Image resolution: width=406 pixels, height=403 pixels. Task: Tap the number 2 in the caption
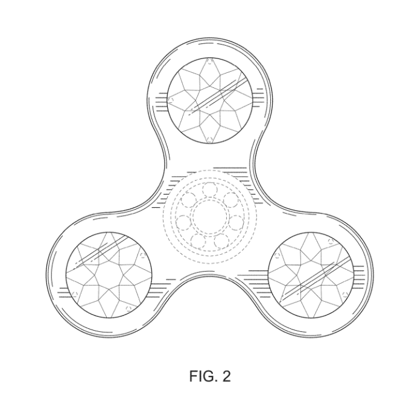[226, 376]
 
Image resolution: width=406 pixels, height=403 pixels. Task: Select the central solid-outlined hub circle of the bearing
[210, 217]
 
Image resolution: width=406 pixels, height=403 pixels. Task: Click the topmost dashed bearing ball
[209, 190]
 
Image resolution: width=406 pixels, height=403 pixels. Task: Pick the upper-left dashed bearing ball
[188, 201]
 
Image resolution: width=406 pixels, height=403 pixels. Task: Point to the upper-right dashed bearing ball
[230, 200]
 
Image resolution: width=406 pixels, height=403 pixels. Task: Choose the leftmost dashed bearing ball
[183, 223]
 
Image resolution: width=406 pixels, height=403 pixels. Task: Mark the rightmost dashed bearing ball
[236, 222]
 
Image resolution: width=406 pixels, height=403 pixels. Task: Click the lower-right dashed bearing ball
[221, 242]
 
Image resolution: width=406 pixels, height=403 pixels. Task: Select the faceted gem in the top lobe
[210, 100]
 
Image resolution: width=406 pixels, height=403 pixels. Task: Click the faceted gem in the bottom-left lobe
[109, 275]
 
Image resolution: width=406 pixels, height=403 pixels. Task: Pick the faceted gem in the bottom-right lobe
[311, 275]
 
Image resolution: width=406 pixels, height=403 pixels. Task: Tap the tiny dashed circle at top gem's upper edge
[210, 62]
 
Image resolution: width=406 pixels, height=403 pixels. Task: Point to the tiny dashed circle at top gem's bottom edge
[210, 140]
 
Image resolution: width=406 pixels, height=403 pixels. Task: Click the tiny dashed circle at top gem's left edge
[171, 100]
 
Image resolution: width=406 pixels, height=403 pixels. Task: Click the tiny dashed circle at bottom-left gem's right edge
[142, 255]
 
